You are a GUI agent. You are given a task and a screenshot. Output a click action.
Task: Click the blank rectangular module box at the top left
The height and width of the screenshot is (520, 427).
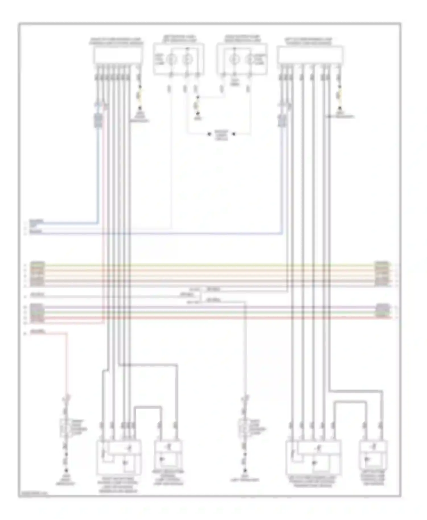(x=118, y=55)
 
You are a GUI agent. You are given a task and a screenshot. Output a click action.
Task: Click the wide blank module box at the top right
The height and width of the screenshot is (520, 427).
(x=310, y=55)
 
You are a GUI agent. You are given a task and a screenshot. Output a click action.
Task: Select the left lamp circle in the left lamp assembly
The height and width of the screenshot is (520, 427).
(x=171, y=59)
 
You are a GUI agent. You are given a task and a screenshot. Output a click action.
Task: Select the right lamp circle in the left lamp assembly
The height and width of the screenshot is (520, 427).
(x=187, y=59)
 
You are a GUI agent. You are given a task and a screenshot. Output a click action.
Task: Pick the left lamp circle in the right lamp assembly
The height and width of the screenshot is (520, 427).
(x=234, y=59)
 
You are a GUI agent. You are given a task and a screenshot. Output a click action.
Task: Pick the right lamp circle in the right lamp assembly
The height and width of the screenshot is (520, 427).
(x=250, y=59)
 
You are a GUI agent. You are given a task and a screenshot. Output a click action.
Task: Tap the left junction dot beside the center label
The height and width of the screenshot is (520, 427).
(x=209, y=134)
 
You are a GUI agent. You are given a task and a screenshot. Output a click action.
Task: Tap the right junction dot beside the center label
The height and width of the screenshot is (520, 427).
(x=234, y=134)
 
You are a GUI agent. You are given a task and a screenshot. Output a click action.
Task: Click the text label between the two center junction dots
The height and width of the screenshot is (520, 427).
(x=221, y=135)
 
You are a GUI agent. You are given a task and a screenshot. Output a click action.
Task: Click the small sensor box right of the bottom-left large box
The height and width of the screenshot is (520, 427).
(x=168, y=455)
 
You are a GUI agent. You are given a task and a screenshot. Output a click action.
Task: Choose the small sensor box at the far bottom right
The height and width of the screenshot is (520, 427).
(x=373, y=455)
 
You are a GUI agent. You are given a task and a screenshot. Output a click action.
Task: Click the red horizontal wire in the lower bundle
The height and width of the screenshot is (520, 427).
(x=211, y=317)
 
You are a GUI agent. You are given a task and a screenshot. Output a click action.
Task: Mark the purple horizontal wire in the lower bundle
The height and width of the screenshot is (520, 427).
(x=211, y=307)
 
